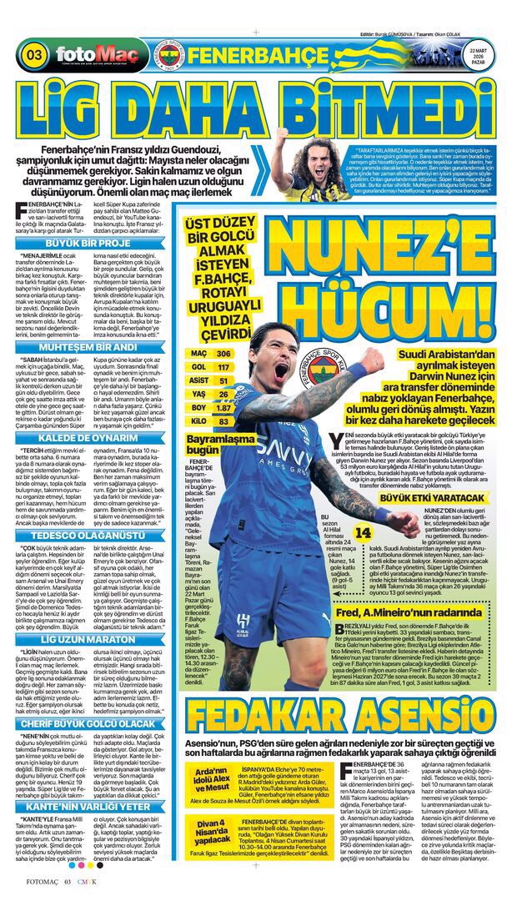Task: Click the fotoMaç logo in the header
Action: point(85,56)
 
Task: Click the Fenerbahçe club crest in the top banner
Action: point(165,55)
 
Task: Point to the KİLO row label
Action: point(198,421)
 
